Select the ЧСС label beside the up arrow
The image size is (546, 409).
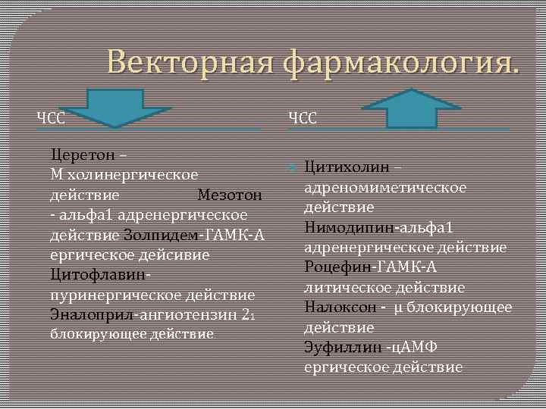pyautogui.click(x=303, y=117)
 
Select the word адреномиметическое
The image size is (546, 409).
pyautogui.click(x=385, y=187)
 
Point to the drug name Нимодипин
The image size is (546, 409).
pyautogui.click(x=347, y=227)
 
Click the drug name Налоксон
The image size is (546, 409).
pyautogui.click(x=338, y=307)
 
